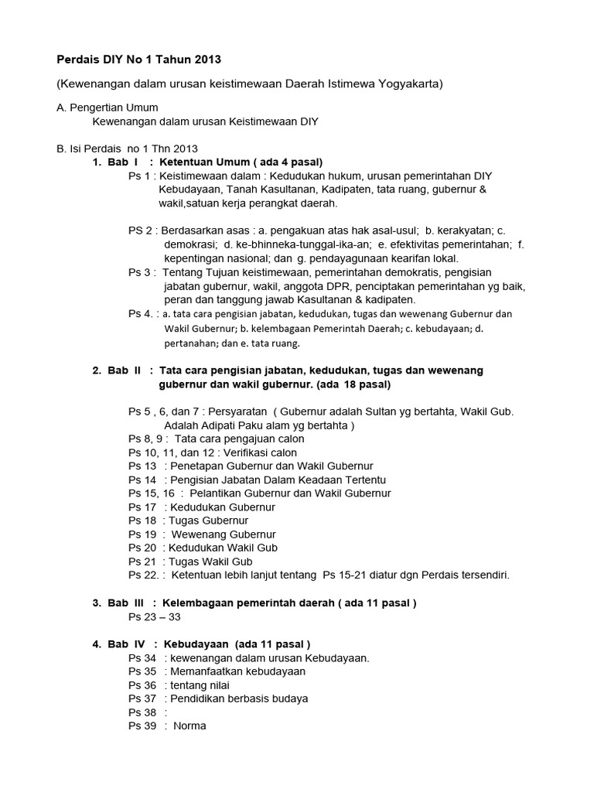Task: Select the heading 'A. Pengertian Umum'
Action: pos(108,108)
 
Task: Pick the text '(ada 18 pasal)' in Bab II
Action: pos(353,384)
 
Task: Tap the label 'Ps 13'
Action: pos(142,466)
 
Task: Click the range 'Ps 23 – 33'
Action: pos(158,616)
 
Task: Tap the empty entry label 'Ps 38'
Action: pos(142,712)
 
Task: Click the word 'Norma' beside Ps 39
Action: pos(189,725)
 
